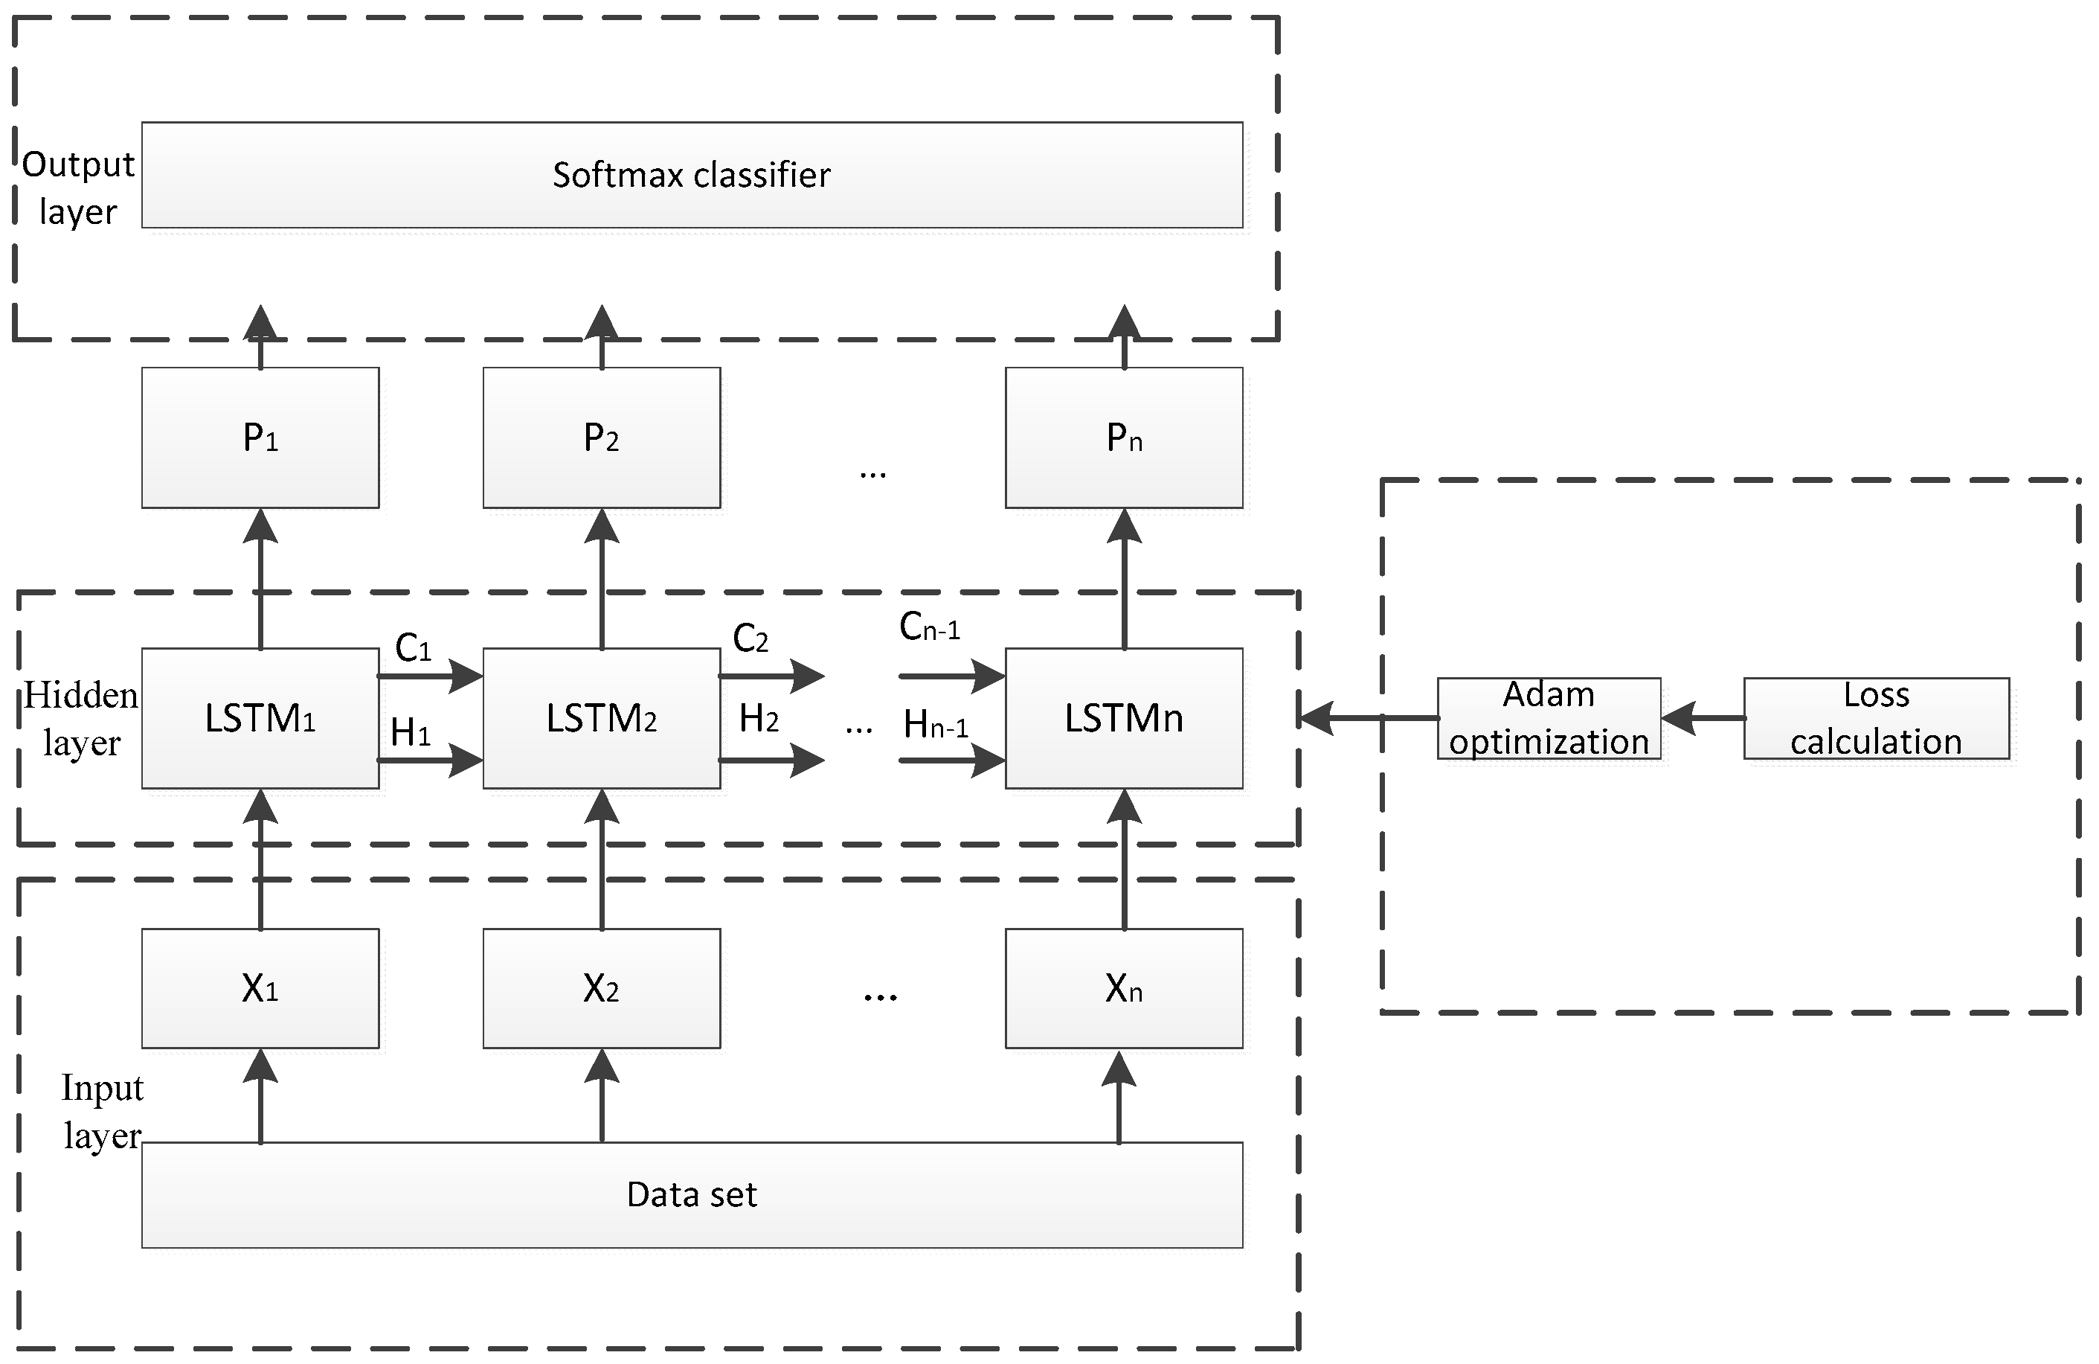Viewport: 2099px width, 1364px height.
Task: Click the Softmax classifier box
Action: click(x=692, y=175)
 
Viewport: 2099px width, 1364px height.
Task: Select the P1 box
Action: click(x=260, y=438)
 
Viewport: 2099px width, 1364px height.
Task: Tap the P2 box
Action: click(x=602, y=438)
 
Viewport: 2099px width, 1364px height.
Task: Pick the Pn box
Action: click(x=1124, y=438)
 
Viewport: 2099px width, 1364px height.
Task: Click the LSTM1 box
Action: click(x=260, y=718)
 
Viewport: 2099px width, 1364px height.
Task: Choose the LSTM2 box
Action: click(x=602, y=718)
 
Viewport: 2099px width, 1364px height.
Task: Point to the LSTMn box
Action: click(x=1124, y=718)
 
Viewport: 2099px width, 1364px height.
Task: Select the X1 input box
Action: click(x=260, y=988)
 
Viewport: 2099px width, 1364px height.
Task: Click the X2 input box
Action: click(x=602, y=988)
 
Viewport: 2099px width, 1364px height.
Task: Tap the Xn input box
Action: click(x=1124, y=988)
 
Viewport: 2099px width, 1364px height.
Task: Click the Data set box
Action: click(x=692, y=1194)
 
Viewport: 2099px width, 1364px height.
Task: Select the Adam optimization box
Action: click(x=1549, y=718)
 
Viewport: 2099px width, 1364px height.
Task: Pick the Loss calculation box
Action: click(x=1876, y=718)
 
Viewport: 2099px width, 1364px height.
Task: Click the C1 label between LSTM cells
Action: click(x=413, y=648)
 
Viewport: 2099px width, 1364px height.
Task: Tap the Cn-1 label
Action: click(x=929, y=627)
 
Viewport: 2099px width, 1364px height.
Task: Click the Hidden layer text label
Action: click(x=80, y=719)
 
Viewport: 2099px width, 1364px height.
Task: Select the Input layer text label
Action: click(x=101, y=1112)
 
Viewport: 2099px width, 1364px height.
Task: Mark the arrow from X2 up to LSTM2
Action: click(x=602, y=860)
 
